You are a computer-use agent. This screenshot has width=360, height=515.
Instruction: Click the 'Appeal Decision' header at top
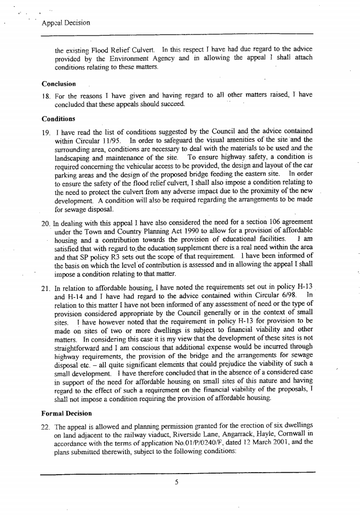(x=65, y=23)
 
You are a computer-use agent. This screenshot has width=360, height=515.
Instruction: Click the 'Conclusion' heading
(x=59, y=84)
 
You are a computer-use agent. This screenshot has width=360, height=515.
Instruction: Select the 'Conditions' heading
(x=59, y=118)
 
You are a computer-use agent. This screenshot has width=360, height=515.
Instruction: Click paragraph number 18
(x=46, y=95)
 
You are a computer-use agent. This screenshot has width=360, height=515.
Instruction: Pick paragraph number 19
(x=46, y=130)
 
